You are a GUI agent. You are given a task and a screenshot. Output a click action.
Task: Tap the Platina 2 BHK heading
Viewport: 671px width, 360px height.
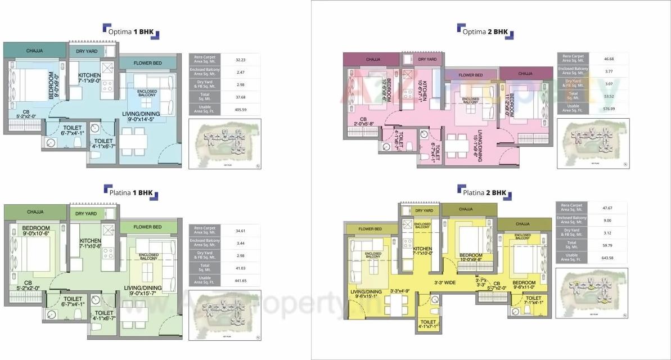click(x=484, y=192)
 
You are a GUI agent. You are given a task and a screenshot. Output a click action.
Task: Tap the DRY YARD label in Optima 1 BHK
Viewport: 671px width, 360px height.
click(x=87, y=51)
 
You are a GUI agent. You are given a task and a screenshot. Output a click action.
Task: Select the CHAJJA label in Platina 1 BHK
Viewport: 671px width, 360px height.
click(x=35, y=212)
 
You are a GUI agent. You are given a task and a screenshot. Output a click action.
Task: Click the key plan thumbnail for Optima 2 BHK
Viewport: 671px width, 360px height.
click(x=593, y=143)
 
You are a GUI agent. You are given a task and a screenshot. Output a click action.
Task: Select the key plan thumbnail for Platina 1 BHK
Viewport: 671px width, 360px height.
click(x=223, y=315)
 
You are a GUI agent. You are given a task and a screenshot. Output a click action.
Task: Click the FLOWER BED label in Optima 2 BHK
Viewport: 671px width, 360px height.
click(x=470, y=75)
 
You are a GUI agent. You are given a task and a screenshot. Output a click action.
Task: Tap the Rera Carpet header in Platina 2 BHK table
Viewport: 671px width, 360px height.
click(x=572, y=208)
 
